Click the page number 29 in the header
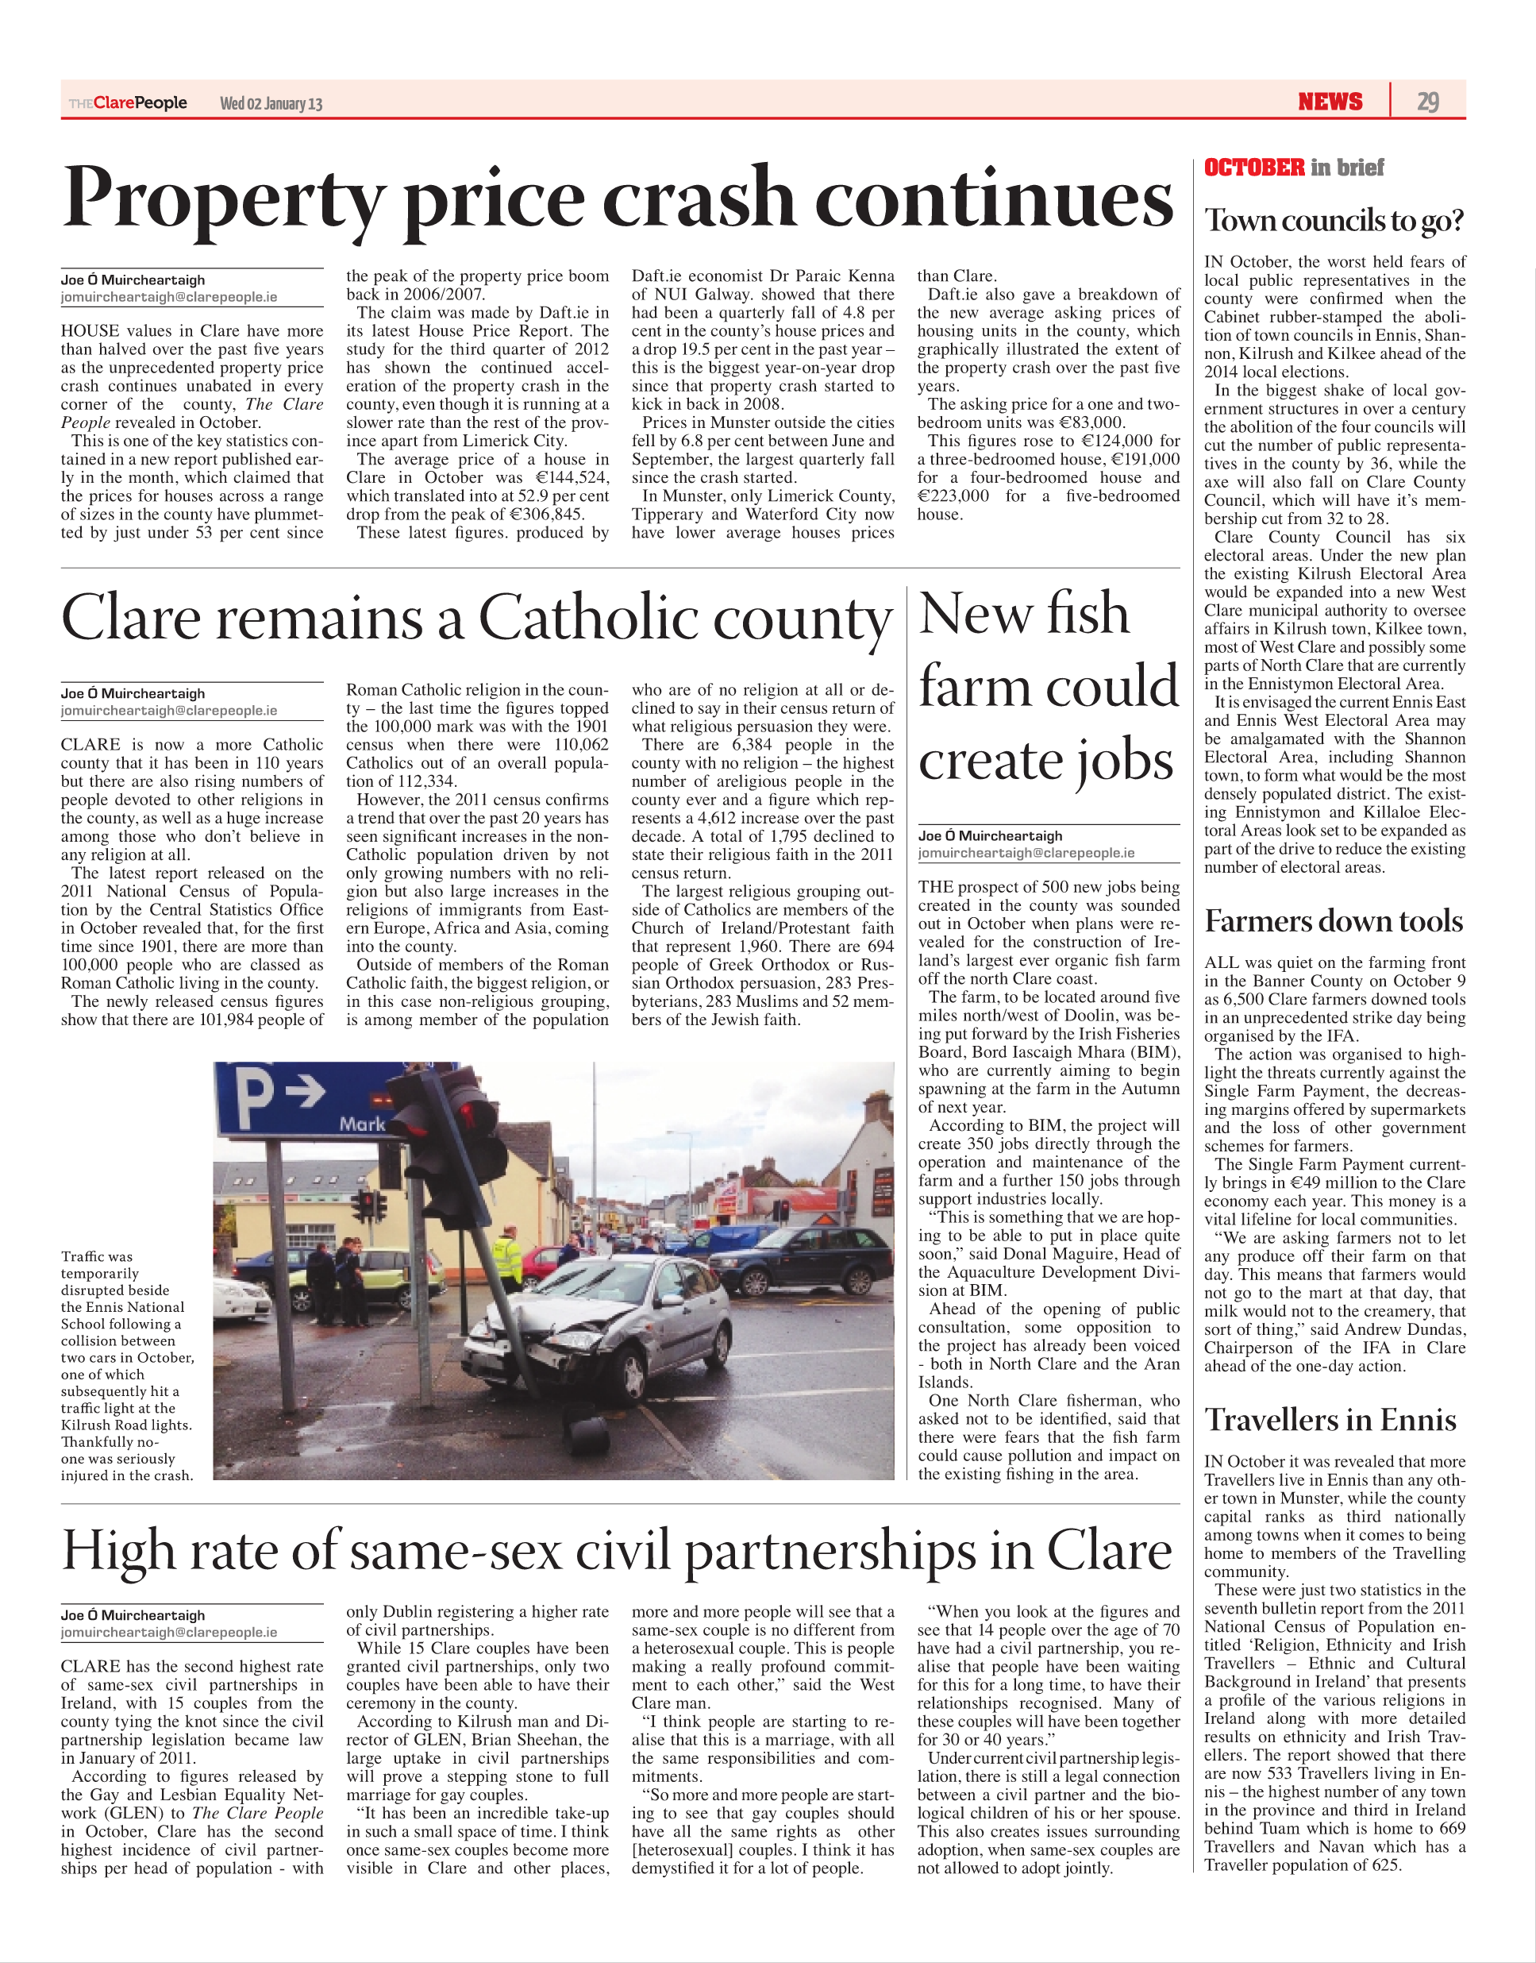[x=1427, y=102]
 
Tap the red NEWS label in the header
[x=1330, y=102]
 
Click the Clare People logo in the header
[x=129, y=102]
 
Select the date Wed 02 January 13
[x=271, y=103]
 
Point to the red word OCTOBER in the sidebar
[x=1253, y=168]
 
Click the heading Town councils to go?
[x=1334, y=221]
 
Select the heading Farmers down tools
[x=1334, y=921]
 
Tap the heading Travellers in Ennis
[x=1330, y=1421]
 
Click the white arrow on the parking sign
[x=306, y=1091]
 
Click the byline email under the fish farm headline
[x=1026, y=853]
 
